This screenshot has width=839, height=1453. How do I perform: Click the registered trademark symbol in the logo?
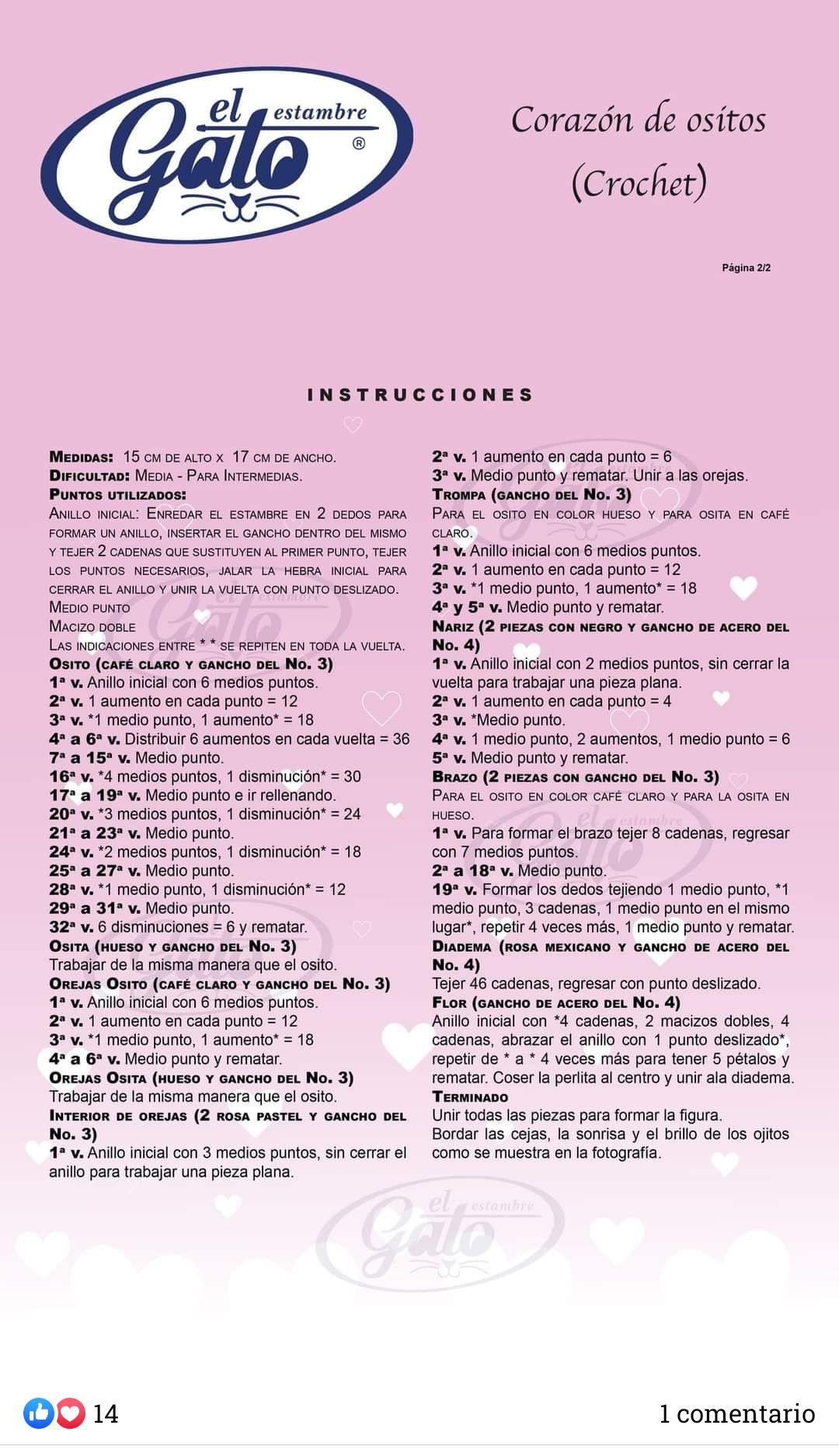tap(359, 143)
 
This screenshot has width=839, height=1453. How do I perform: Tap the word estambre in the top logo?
tap(319, 113)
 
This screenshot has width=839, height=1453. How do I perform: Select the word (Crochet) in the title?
tap(639, 183)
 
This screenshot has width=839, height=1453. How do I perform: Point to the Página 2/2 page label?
tap(746, 268)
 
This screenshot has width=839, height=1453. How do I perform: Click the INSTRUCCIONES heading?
tap(420, 395)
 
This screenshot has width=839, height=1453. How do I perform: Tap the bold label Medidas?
tap(82, 457)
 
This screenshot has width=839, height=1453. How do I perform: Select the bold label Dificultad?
tap(89, 476)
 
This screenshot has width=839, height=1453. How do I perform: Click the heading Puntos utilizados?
tap(117, 495)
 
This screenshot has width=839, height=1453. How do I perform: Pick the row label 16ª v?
tap(71, 776)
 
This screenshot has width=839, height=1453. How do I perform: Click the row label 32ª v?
tap(71, 927)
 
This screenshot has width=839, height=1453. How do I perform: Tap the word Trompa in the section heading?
tap(458, 495)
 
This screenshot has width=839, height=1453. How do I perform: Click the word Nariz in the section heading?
tap(453, 627)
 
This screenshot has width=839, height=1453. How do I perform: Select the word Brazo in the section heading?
tap(454, 777)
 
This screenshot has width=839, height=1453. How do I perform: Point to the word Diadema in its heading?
tap(461, 947)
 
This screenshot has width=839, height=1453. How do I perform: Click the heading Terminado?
tap(470, 1097)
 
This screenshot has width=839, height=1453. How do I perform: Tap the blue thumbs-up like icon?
tap(37, 1413)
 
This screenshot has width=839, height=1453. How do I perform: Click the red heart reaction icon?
tap(71, 1413)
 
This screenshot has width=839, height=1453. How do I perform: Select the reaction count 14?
tap(106, 1413)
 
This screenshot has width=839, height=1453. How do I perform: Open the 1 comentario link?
tap(736, 1413)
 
